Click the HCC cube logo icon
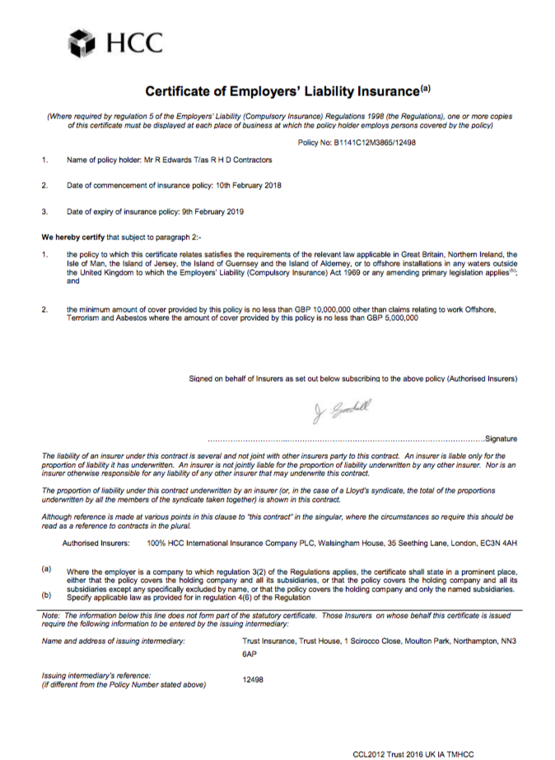coord(82,41)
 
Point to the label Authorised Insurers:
coord(96,545)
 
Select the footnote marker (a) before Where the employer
coord(46,569)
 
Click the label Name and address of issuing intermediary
coord(114,640)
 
